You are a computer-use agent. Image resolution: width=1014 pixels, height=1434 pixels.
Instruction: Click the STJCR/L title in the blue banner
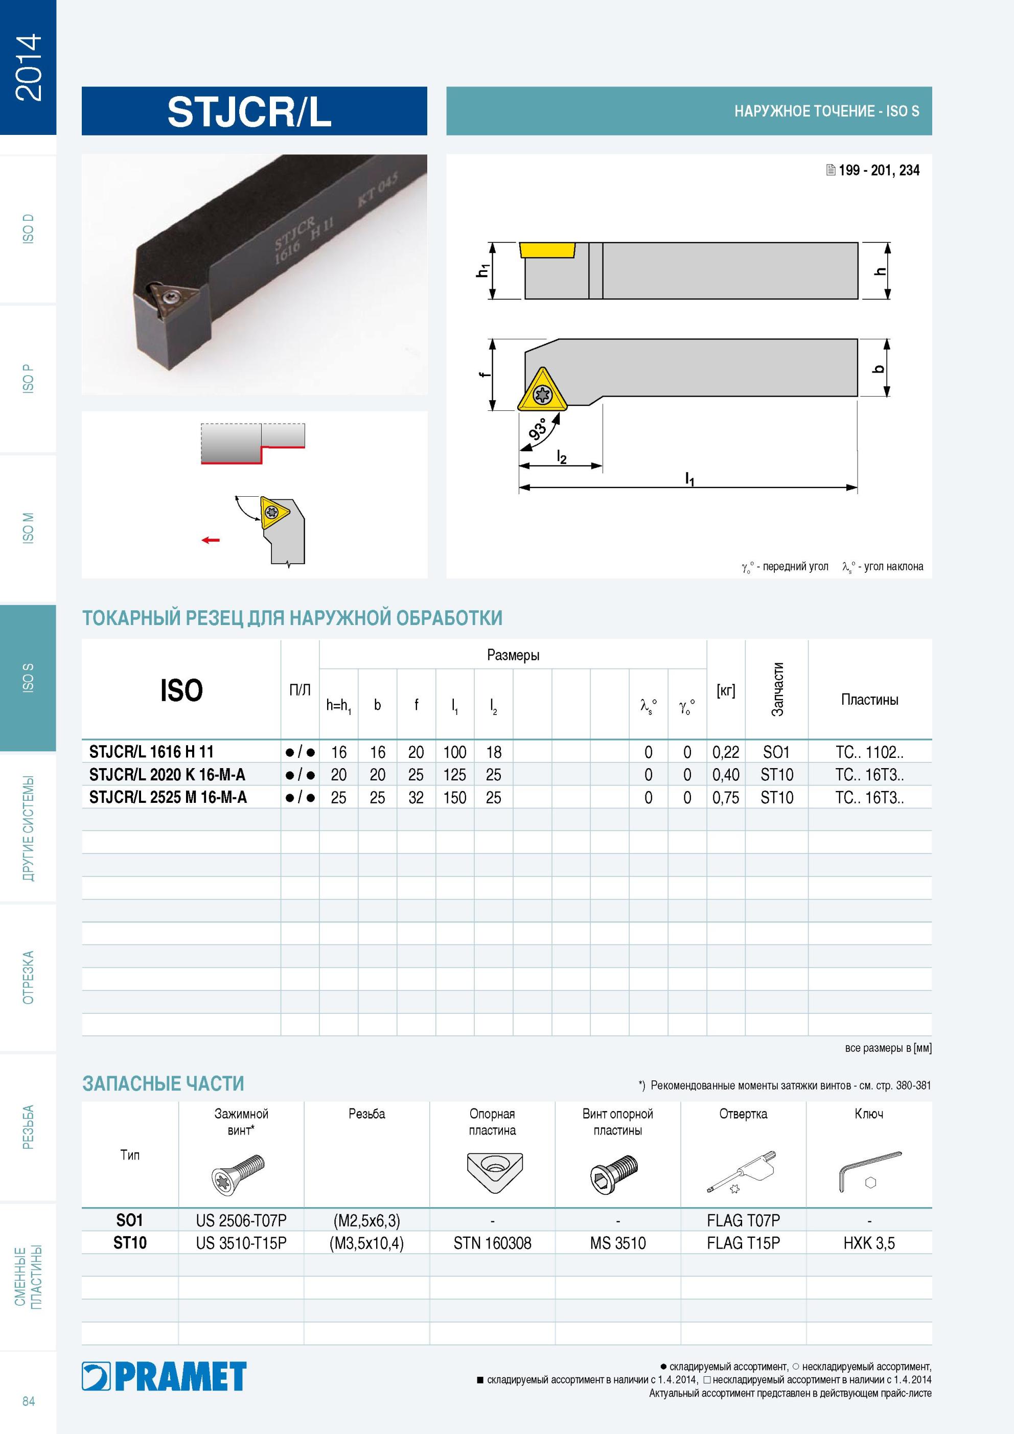[x=249, y=112]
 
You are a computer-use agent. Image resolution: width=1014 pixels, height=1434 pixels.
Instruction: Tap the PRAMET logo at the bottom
[x=164, y=1377]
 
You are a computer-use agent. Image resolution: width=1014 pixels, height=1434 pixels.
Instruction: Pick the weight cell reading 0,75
[x=726, y=798]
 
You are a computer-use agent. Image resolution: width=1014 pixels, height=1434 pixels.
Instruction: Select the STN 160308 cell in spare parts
[x=492, y=1243]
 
